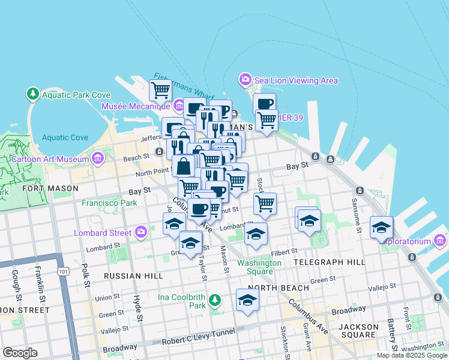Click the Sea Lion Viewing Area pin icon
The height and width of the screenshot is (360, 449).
[245, 79]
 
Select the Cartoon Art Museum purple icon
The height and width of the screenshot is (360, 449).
[97, 158]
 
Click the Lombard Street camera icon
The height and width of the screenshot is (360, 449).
[141, 232]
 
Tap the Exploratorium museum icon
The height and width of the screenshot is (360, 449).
[440, 241]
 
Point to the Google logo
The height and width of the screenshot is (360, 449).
[20, 352]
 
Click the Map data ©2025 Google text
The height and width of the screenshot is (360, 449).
[412, 355]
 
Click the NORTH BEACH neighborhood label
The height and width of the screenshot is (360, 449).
[270, 288]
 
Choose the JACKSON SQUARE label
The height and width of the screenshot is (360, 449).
[358, 332]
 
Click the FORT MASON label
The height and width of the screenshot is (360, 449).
[50, 188]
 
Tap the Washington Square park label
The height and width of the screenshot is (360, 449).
[259, 267]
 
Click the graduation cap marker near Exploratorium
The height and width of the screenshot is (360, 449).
[381, 227]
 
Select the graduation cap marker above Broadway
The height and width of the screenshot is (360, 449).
[247, 300]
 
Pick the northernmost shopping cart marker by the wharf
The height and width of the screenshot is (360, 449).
[160, 91]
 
